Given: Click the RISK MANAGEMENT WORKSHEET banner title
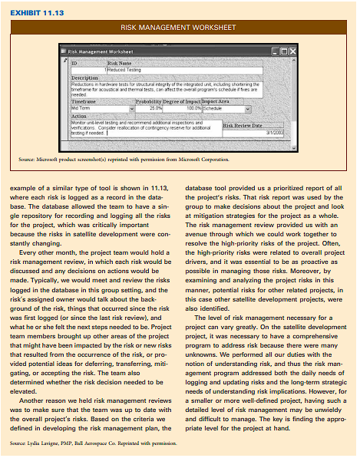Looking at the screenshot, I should [x=180, y=28].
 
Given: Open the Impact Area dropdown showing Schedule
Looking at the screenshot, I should [x=223, y=108].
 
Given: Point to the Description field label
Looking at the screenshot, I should [x=84, y=77].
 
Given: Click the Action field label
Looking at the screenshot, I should [x=78, y=117].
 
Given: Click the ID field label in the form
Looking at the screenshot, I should [x=74, y=62].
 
